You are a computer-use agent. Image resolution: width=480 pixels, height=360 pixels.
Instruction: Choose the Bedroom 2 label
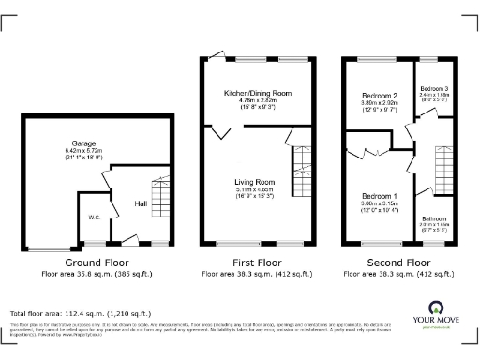[380, 96]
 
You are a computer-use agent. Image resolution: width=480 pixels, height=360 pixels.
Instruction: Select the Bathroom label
[433, 218]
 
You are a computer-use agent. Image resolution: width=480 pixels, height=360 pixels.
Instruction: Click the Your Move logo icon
[436, 307]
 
